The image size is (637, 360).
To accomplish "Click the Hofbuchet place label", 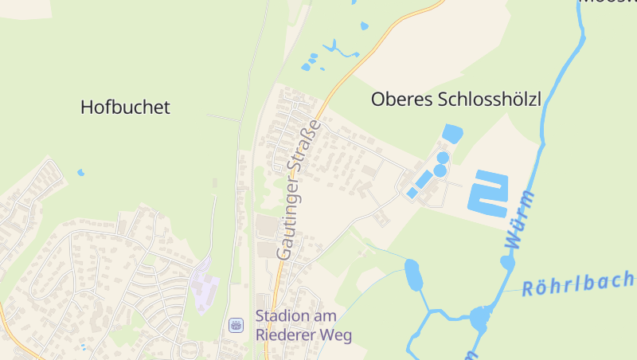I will tap(126, 107).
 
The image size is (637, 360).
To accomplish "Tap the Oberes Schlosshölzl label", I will tap(456, 100).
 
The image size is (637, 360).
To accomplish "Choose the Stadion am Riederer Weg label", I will tap(303, 326).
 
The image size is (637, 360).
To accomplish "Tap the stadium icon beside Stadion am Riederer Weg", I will tap(236, 325).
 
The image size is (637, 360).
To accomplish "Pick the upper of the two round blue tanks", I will tap(443, 158).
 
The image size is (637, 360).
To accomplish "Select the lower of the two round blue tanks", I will tap(440, 170).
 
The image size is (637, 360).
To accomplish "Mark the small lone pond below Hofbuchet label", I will tap(80, 172).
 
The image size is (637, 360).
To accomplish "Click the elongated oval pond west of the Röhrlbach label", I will tap(412, 276).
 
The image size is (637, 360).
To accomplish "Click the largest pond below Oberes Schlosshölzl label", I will tap(452, 133).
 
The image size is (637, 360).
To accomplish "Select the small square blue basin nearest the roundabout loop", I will tap(412, 193).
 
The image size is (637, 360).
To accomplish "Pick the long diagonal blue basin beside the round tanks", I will tap(424, 179).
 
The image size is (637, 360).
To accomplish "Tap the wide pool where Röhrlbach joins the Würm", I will tap(479, 319).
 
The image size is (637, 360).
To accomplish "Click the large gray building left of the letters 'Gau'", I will tap(265, 226).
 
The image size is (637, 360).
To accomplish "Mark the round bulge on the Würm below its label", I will tap(507, 262).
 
